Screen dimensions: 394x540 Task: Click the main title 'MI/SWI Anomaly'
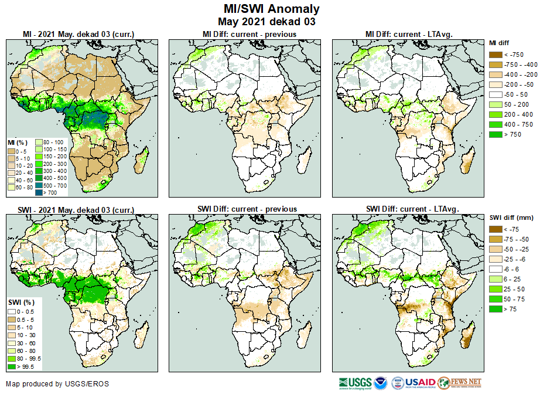coord(272,9)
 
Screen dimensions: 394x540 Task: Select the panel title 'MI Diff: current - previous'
coord(249,35)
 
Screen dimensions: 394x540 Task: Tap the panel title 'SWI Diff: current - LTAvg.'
coord(412,209)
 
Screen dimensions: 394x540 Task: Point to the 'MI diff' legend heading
coord(501,43)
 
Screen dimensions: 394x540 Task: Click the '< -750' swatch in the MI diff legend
coord(494,55)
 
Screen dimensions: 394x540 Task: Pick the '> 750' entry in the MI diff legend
coord(494,134)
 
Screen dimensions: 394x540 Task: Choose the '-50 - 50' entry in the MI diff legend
coord(494,94)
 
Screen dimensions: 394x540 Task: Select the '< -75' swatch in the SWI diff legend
coord(494,229)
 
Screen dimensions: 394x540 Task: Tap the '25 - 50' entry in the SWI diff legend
coord(494,289)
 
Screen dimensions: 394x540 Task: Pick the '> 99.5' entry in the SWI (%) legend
coord(12,367)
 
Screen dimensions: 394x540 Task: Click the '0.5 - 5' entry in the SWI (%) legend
coord(12,318)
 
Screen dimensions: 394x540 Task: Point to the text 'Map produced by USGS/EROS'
coord(57,384)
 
